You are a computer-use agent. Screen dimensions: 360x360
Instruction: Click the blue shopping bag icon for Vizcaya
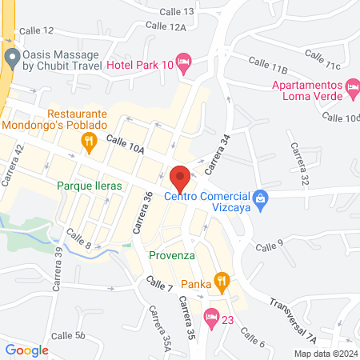(x=259, y=197)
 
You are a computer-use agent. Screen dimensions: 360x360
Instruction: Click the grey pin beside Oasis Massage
(x=11, y=57)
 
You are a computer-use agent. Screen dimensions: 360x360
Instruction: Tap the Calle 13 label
(x=177, y=11)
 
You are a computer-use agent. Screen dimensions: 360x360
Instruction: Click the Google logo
(x=27, y=350)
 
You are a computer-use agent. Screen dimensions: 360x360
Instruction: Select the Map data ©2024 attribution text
(x=325, y=354)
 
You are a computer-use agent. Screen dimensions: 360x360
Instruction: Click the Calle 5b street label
(x=68, y=336)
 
